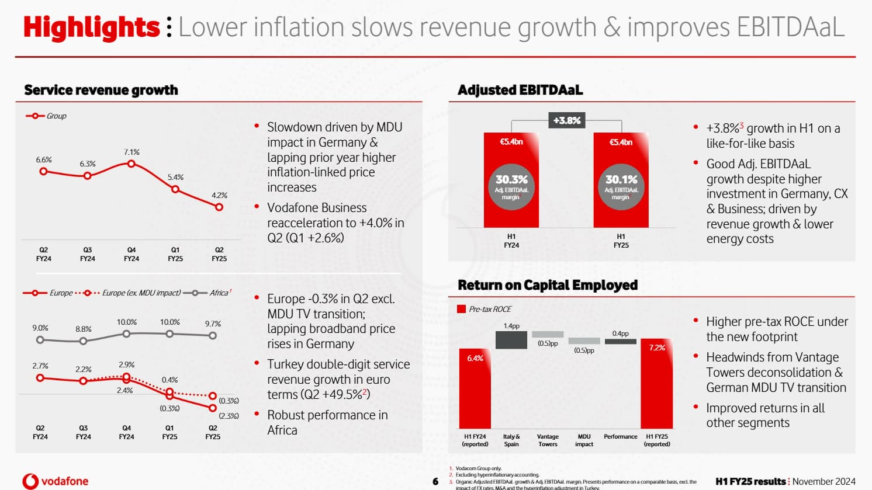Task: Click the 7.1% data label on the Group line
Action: click(132, 152)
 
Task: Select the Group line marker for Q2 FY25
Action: click(219, 207)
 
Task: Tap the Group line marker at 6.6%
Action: click(43, 171)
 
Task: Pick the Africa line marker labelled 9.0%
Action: click(40, 340)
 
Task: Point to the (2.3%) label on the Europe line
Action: click(229, 416)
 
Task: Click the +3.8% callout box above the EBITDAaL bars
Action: click(566, 121)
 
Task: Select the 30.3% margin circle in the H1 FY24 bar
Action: click(511, 186)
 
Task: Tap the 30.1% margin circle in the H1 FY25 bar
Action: click(621, 186)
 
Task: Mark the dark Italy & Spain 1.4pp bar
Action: click(511, 340)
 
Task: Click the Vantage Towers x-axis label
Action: click(548, 440)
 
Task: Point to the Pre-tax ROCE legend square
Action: click(462, 309)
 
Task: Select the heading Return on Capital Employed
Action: click(548, 285)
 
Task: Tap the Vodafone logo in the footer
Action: click(56, 481)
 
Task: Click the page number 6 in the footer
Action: click(435, 482)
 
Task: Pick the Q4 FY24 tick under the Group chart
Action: click(132, 254)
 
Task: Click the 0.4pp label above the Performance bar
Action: click(621, 333)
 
